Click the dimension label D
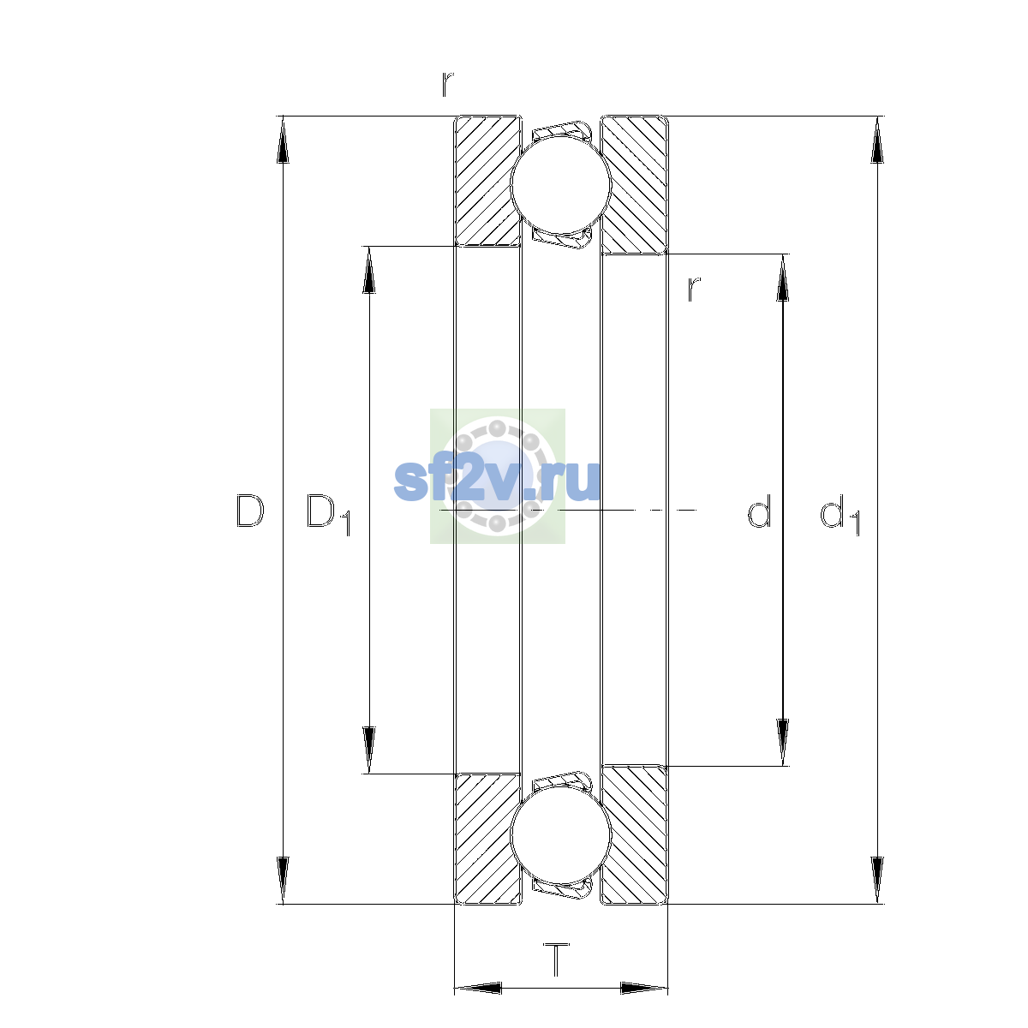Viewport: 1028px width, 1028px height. tap(250, 511)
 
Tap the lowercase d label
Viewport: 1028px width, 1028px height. tap(759, 511)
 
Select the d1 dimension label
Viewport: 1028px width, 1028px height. tap(840, 514)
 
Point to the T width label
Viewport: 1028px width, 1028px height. tap(557, 959)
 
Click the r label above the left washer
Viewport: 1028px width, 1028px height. tap(447, 84)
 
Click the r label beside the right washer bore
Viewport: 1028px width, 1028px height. tap(694, 290)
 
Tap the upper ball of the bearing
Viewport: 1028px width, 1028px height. tap(560, 184)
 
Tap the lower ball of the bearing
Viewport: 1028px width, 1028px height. tap(560, 835)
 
